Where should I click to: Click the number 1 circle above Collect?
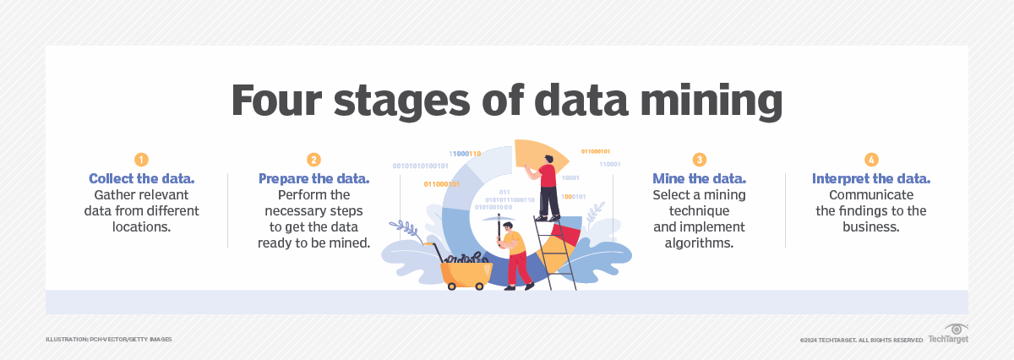(x=141, y=160)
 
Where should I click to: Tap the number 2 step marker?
(x=313, y=160)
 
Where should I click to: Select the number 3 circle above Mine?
(x=699, y=160)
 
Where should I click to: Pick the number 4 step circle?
(x=871, y=160)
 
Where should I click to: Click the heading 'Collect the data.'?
(x=141, y=179)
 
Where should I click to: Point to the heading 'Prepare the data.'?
(x=313, y=179)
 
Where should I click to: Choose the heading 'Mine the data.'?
(x=699, y=179)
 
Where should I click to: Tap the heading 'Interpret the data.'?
(x=871, y=179)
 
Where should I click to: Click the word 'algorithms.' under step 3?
(x=699, y=243)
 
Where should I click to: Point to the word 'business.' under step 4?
(x=871, y=226)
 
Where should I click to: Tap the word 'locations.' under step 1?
(x=141, y=226)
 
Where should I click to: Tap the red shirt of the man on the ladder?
(x=547, y=176)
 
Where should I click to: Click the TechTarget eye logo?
(x=956, y=330)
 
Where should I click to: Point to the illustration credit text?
(x=109, y=339)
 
